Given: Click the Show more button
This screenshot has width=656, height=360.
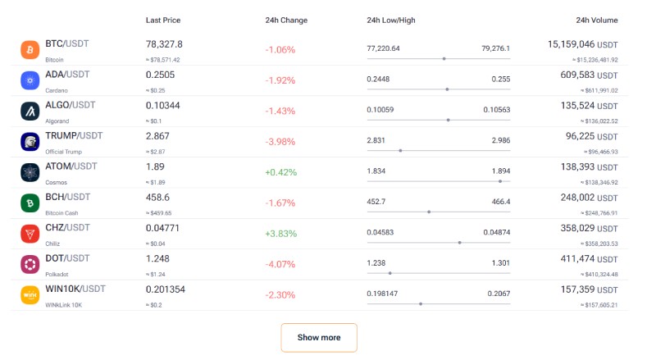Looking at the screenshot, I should (x=319, y=337).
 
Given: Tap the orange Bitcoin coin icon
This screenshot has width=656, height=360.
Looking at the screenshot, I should (x=30, y=50).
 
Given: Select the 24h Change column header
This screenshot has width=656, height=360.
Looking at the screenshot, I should (x=286, y=20).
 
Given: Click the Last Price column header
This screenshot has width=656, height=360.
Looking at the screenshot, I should (x=163, y=20).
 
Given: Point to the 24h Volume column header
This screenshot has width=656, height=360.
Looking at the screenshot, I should (x=597, y=20).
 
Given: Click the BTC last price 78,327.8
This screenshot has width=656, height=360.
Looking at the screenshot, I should (x=164, y=44).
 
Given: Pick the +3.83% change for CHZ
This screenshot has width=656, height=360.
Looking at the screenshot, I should (x=280, y=234).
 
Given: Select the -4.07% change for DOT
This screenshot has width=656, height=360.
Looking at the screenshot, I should (x=280, y=264).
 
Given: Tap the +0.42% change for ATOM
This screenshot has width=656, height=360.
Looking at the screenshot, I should (x=280, y=172).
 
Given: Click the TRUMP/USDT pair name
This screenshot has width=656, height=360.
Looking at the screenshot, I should (x=74, y=135).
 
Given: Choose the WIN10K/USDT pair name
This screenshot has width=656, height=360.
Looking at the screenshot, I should (x=75, y=289).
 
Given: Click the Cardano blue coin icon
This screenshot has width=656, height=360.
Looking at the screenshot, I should (x=30, y=80).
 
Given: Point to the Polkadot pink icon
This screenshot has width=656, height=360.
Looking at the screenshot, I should (x=30, y=264).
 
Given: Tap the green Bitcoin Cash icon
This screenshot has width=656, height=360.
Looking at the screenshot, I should (x=30, y=203).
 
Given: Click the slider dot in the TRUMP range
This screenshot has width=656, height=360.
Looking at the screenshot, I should (x=400, y=151).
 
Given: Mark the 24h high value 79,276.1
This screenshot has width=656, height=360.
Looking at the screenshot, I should (x=495, y=48).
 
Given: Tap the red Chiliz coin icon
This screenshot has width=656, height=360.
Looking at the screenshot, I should (x=30, y=234).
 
